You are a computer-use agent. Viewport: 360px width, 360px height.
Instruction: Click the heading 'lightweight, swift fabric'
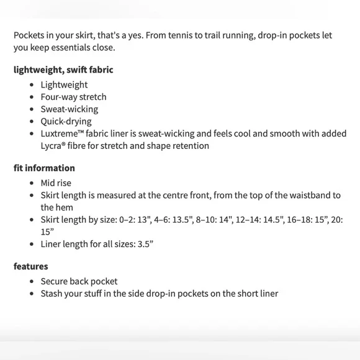[63, 70]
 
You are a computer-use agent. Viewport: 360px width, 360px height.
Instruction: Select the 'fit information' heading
[44, 168]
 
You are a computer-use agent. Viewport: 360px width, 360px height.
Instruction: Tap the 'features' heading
[30, 266]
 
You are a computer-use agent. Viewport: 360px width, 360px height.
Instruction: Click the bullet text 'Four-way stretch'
[73, 97]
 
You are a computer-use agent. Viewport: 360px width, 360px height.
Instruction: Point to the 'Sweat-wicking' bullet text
[69, 109]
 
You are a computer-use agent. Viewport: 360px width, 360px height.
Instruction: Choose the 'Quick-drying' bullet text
[66, 122]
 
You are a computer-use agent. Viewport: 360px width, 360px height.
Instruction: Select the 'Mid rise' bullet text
[56, 183]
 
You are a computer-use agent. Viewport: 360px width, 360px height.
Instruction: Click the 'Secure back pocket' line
[79, 281]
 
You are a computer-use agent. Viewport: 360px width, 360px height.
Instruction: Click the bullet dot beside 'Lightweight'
[32, 85]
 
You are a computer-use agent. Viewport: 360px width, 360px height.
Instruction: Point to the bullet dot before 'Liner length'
[32, 244]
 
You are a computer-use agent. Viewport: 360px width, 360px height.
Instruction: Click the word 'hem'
[65, 207]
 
